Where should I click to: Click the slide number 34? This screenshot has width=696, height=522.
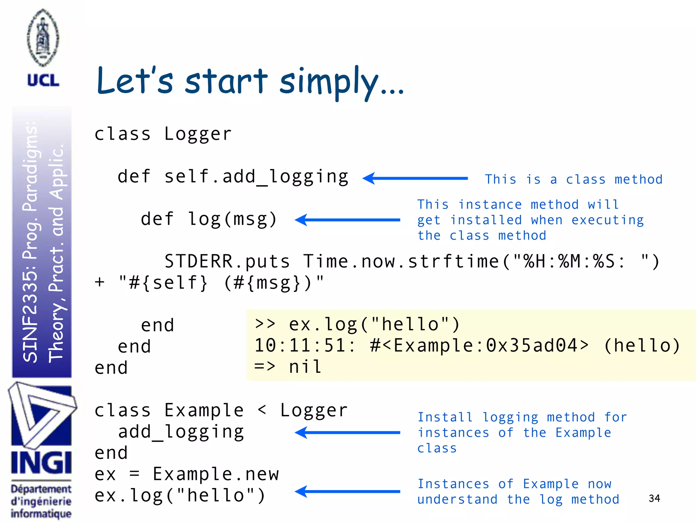[x=654, y=498]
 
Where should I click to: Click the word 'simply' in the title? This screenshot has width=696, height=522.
[x=328, y=82]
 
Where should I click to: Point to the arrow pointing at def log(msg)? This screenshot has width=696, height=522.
[x=347, y=220]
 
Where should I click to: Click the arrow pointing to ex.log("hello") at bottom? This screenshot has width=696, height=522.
[x=347, y=491]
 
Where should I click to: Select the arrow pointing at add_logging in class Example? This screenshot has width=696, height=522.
[x=347, y=433]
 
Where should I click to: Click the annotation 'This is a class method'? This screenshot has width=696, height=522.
[x=574, y=179]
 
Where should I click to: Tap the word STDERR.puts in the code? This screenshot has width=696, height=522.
[x=227, y=261]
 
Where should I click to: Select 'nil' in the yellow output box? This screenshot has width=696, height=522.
[x=305, y=367]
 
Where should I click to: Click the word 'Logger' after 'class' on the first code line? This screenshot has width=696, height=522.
[x=198, y=134]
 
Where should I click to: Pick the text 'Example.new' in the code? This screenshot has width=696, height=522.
[x=216, y=474]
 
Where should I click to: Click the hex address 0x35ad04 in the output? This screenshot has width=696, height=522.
[x=532, y=346]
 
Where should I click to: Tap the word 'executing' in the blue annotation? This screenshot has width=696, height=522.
[x=608, y=220]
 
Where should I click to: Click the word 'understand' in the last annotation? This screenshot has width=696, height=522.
[x=457, y=500]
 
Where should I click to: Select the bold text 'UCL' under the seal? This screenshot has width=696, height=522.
[x=43, y=81]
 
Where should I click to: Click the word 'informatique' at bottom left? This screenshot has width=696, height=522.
[x=41, y=514]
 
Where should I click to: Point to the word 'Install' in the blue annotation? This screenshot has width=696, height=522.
[x=445, y=417]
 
